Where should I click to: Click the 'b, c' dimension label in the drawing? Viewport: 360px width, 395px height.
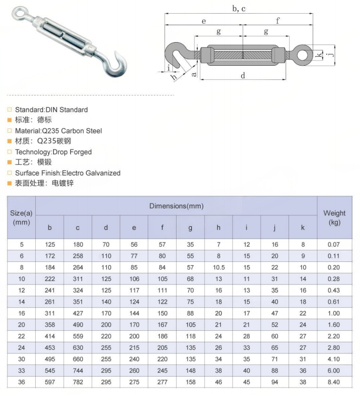pyautogui.click(x=239, y=9)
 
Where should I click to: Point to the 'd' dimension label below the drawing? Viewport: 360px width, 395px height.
pyautogui.click(x=243, y=76)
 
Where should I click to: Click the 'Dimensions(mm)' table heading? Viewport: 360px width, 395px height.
pyautogui.click(x=176, y=206)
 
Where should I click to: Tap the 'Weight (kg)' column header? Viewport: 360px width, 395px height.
pyautogui.click(x=334, y=218)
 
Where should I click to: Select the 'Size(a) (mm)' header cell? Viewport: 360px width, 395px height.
pyautogui.click(x=22, y=218)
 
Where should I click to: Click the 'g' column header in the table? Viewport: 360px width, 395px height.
pyautogui.click(x=190, y=228)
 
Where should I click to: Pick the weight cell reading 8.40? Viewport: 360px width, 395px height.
pyautogui.click(x=334, y=382)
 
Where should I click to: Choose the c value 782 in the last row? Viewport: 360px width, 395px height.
pyautogui.click(x=78, y=382)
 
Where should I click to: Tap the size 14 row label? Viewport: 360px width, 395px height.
pyautogui.click(x=22, y=301)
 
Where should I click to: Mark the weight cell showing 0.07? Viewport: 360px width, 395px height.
pyautogui.click(x=334, y=245)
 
